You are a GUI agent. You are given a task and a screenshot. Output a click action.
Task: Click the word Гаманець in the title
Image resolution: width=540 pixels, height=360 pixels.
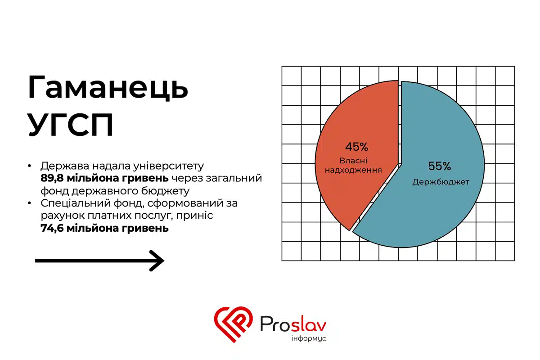coord(108,88)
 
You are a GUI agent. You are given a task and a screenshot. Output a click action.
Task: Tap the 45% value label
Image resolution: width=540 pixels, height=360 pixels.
coord(357,147)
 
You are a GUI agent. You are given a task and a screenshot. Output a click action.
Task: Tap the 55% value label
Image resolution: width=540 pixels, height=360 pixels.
coord(440,166)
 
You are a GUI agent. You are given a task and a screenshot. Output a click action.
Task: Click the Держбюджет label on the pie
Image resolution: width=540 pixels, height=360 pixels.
coord(441,182)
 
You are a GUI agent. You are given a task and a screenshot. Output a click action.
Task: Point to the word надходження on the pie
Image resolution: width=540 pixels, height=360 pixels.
coord(357,171)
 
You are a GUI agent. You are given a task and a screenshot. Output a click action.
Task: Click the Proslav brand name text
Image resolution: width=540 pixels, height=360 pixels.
coord(293,323)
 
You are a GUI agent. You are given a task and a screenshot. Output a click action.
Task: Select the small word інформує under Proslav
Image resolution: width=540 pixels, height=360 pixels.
coord(308,338)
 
